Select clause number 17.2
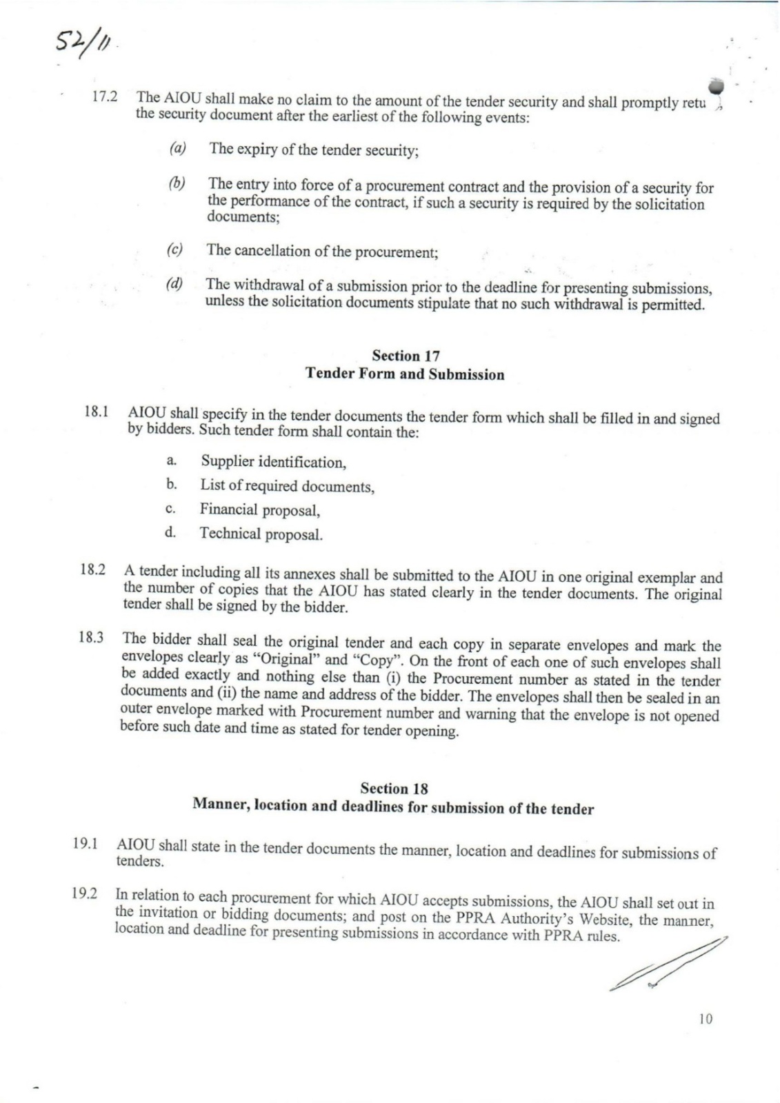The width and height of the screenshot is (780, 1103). coord(105,97)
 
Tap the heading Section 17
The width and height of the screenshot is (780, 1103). coord(406,356)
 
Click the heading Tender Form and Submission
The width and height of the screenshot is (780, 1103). coord(405,374)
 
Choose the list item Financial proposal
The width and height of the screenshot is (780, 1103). coord(260,509)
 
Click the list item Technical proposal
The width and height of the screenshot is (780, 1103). coord(261,534)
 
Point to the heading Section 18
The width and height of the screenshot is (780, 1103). coord(394,789)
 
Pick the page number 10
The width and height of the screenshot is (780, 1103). coord(705,1018)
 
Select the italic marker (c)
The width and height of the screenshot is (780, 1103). coord(174,249)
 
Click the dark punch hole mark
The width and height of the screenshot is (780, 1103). coord(716,85)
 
